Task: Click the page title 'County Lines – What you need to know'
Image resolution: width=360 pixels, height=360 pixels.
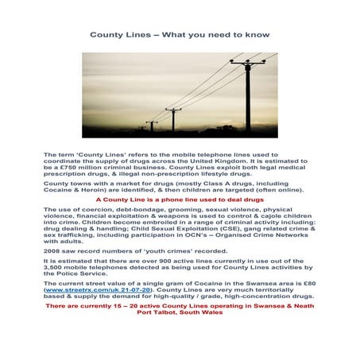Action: pos(180,35)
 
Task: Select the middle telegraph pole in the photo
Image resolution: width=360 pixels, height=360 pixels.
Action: pos(173,119)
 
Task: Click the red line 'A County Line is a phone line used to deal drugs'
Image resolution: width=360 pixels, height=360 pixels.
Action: pos(180,199)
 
